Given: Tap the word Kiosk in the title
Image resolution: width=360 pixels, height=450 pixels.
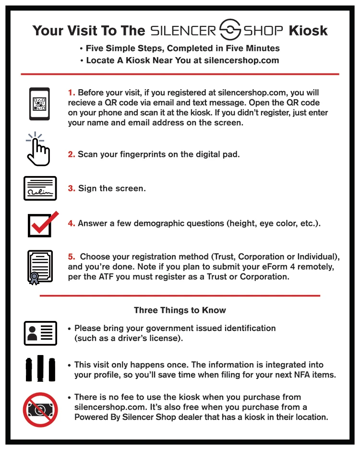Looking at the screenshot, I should pyautogui.click(x=308, y=31).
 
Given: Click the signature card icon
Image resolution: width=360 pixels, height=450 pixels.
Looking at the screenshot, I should pyautogui.click(x=40, y=188).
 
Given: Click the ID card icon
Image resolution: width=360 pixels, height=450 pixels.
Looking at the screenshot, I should pyautogui.click(x=40, y=333).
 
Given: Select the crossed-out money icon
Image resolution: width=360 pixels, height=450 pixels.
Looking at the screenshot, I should pyautogui.click(x=40, y=409).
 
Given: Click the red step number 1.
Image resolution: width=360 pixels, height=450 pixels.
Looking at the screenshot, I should pyautogui.click(x=71, y=93).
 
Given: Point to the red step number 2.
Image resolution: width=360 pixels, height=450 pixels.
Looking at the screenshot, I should pyautogui.click(x=71, y=154).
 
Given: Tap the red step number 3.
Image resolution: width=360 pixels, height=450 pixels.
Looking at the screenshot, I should pyautogui.click(x=71, y=189).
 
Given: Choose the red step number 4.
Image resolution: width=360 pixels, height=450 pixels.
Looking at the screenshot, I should pyautogui.click(x=71, y=224).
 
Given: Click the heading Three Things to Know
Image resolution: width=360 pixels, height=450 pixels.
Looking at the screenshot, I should pyautogui.click(x=180, y=310).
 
